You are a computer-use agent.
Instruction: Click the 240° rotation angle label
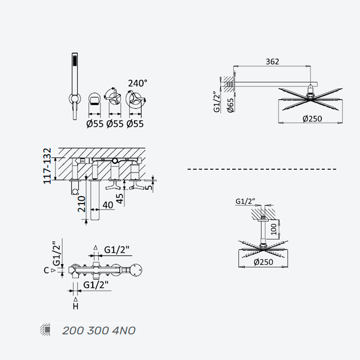point(138,83)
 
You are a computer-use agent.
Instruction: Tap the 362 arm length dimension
point(272,62)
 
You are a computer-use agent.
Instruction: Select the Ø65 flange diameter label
point(230,105)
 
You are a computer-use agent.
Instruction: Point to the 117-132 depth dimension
point(47,166)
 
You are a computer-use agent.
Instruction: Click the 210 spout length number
point(81,204)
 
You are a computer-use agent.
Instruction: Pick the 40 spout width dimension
point(108,205)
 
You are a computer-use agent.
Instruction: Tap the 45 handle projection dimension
point(120,198)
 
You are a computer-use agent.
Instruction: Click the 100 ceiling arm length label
point(274,229)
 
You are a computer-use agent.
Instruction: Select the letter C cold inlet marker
point(46,270)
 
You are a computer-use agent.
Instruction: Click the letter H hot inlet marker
point(76,306)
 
